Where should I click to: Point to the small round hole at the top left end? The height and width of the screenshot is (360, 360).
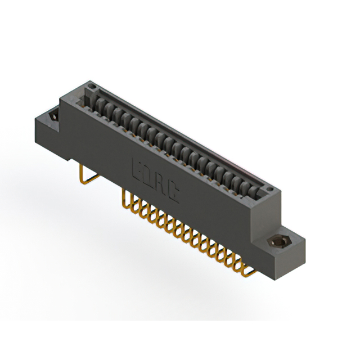tap(91, 87)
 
